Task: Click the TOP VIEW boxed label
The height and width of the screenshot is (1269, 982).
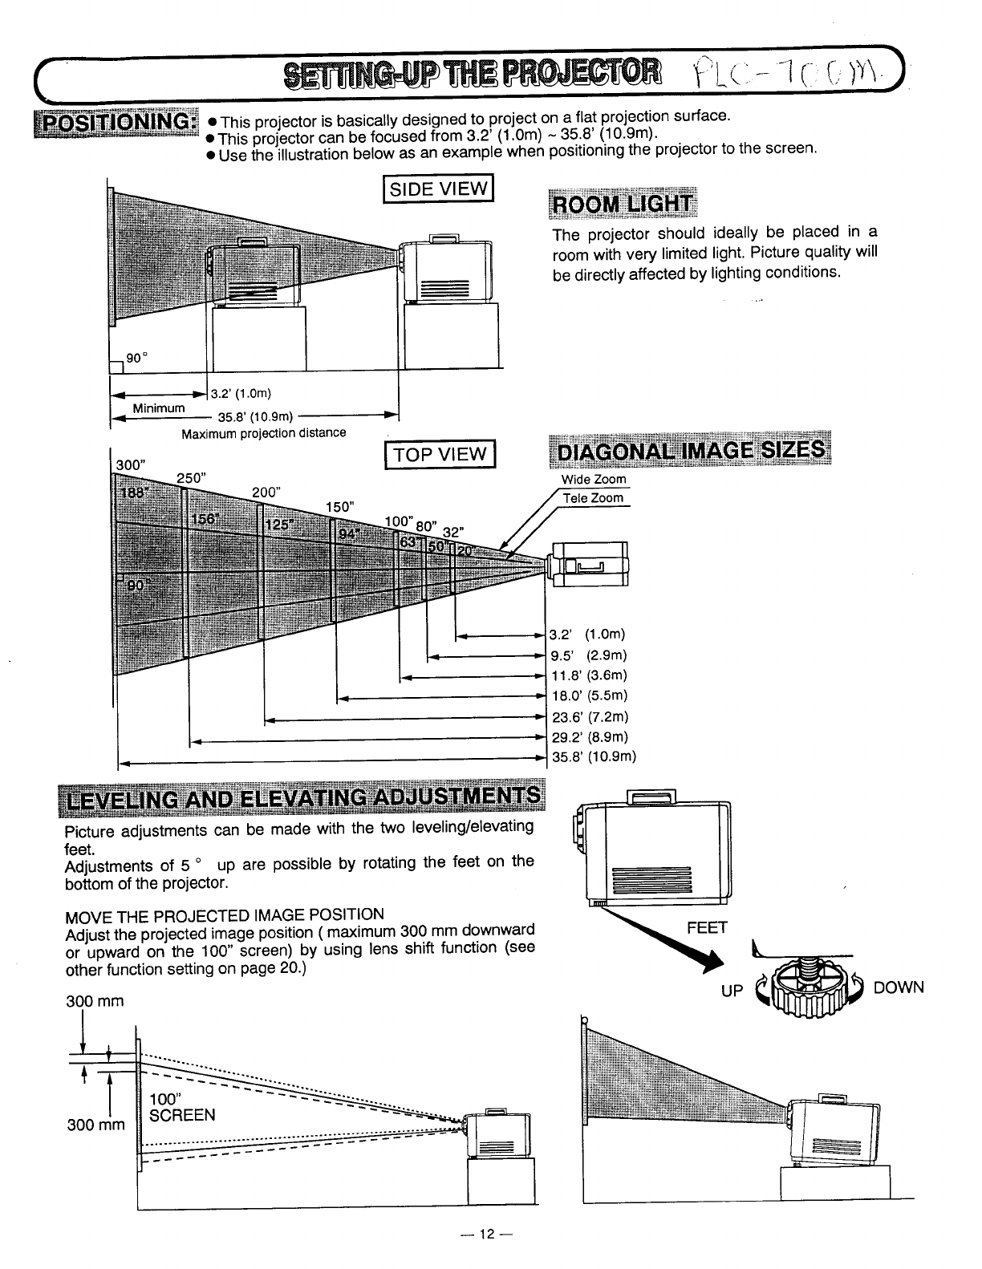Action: [x=441, y=455]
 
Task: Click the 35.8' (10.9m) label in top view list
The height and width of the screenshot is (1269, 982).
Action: [x=593, y=756]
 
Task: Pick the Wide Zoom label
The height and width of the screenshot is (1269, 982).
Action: [x=594, y=480]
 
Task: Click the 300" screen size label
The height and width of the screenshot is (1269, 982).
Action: [x=132, y=464]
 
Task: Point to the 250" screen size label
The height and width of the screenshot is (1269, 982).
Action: [x=192, y=477]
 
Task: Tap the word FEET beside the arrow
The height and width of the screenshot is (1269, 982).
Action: [x=707, y=928]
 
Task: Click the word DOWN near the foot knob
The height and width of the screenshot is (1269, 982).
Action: [x=899, y=987]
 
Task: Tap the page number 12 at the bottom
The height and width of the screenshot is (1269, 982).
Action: [x=485, y=1235]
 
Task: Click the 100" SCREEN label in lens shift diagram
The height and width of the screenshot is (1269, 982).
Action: [x=182, y=1107]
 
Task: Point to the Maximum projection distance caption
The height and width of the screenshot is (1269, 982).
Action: [x=264, y=433]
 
